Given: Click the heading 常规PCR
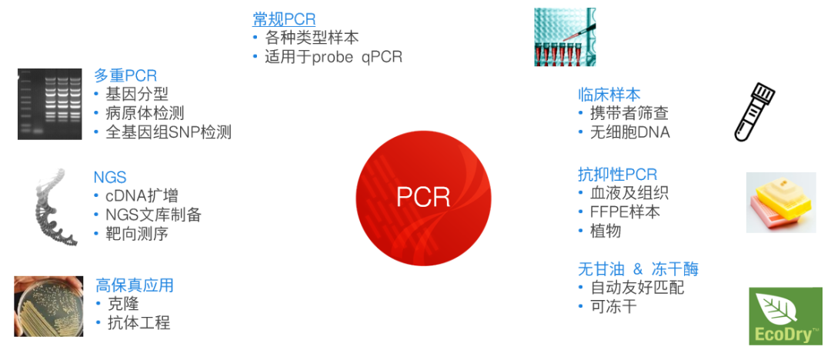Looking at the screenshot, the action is coord(283,20).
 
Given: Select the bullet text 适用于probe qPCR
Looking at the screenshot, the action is coord(333,57).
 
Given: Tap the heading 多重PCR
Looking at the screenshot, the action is coord(125,76).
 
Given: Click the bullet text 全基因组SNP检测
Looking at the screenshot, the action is coord(169,132).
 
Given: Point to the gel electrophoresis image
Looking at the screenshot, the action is coord(50,104).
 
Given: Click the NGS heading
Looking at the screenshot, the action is coord(110,177).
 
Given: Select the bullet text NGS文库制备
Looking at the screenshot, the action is coord(153,215).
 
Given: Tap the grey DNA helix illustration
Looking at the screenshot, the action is coord(55,207).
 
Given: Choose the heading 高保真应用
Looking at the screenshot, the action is coord(135,285).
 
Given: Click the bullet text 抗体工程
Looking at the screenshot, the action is coord(138,323).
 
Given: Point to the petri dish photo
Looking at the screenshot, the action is coord(48,306).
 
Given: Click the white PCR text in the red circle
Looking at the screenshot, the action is coord(423,197).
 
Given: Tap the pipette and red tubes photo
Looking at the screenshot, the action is coord(565,37).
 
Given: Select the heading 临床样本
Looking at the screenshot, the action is coord(609,95).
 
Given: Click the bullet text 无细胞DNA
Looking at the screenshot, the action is coord(630,132).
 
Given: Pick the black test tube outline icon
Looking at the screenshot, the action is coord(755,112).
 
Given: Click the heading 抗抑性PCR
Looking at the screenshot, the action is coord(617,174).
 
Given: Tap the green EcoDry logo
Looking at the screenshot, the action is coord(786,316).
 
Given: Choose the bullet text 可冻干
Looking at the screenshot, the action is coord(614,306).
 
